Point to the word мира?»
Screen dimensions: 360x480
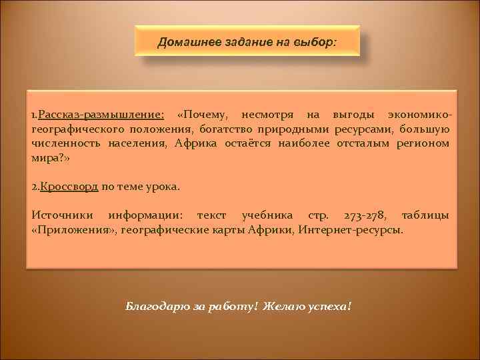click(x=50, y=157)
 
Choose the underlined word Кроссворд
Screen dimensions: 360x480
click(x=69, y=187)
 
